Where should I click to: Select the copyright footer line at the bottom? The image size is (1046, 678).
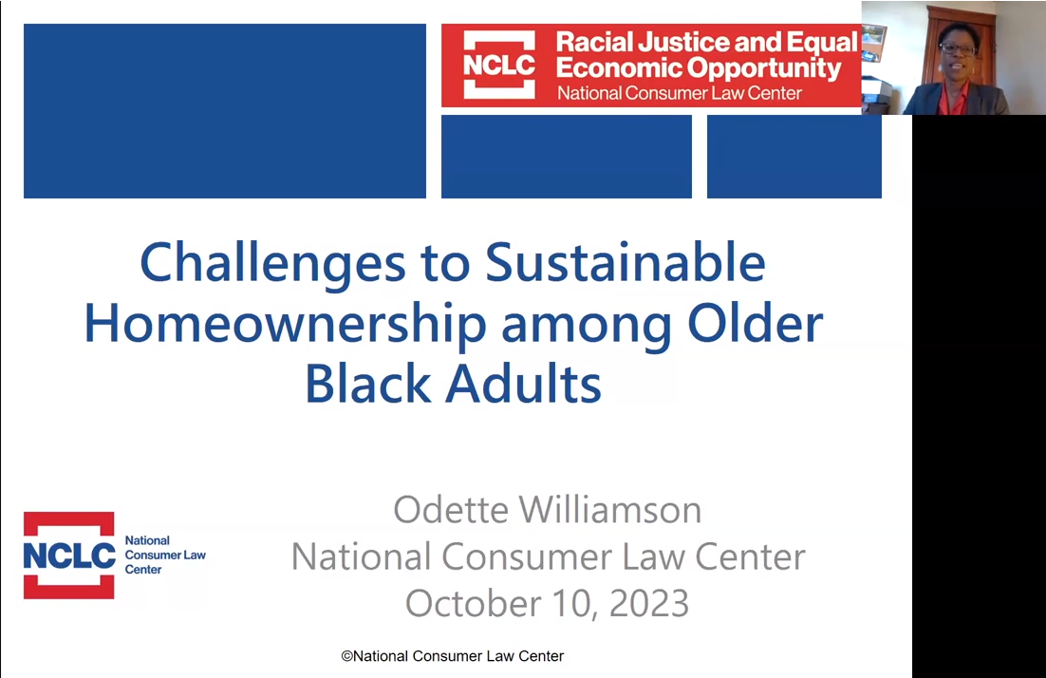pos(453,656)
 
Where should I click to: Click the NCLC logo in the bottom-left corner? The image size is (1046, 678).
pos(69,556)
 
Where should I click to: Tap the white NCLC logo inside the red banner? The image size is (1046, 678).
pos(499,66)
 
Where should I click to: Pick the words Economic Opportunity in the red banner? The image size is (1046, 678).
pos(698,68)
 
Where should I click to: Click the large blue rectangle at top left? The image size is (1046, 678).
pos(224,110)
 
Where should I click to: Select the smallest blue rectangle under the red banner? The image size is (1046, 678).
pos(794,157)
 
